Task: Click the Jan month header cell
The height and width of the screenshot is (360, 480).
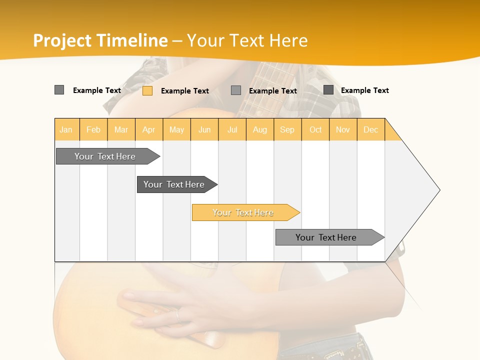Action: (66, 129)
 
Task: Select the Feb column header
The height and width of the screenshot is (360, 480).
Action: (93, 129)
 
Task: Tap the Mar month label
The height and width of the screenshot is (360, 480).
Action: (121, 129)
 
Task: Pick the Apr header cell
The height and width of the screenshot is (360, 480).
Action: (149, 129)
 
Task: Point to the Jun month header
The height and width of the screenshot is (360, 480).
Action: (204, 129)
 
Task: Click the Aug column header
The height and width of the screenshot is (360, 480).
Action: (260, 129)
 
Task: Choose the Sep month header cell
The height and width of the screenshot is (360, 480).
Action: (287, 129)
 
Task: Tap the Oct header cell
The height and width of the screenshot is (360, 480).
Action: (315, 129)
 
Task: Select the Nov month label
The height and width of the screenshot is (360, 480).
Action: (343, 129)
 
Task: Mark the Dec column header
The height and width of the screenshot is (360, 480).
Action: (370, 129)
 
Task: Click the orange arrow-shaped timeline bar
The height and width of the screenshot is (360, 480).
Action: (245, 212)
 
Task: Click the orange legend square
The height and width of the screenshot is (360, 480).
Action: (147, 90)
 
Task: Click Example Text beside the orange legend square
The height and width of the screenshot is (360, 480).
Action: (185, 91)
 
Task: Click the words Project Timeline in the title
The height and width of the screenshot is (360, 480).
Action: (100, 40)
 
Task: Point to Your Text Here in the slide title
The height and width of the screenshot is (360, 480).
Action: (247, 40)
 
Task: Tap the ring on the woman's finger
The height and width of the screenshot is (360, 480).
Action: (177, 316)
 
